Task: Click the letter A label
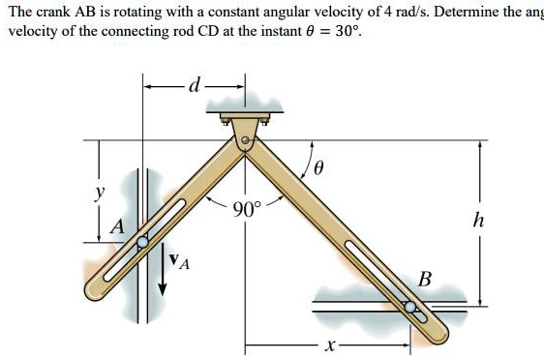[x=117, y=227]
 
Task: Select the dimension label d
[x=194, y=87]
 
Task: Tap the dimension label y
[x=97, y=192]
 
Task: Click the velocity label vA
[x=178, y=258]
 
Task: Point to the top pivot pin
[x=245, y=141]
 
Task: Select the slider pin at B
[x=412, y=306]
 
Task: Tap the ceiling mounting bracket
[x=244, y=121]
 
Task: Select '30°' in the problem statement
[x=345, y=31]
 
